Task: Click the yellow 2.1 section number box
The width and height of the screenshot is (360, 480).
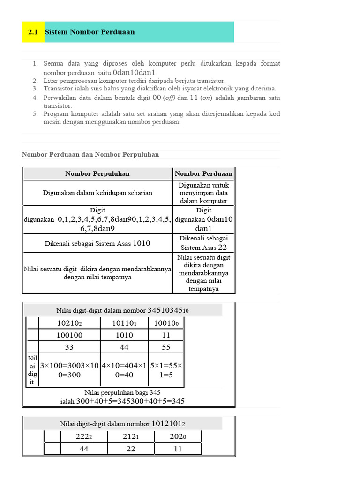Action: (x=33, y=32)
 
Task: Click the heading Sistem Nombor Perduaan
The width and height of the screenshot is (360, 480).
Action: (x=90, y=32)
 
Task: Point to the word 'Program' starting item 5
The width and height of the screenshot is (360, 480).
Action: (x=56, y=114)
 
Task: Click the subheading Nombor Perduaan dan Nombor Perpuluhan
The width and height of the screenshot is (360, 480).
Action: (x=90, y=154)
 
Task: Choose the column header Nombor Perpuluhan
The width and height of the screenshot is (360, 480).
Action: (x=97, y=173)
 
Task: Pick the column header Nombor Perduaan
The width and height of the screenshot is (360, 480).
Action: (x=203, y=173)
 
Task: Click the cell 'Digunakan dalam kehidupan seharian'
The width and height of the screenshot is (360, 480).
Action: (x=97, y=193)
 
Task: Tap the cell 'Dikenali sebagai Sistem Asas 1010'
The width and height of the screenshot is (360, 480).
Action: (x=97, y=243)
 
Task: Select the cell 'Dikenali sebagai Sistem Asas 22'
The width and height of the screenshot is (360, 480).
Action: (x=203, y=243)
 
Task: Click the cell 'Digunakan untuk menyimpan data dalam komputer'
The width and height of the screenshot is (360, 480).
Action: (x=203, y=193)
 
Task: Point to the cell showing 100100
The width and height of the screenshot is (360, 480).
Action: (x=69, y=335)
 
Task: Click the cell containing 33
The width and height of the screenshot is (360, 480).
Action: (x=69, y=347)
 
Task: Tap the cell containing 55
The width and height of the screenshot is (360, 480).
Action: (x=166, y=347)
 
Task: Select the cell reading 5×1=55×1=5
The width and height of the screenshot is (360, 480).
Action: (x=166, y=370)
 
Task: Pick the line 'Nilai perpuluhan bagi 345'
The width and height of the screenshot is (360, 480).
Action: (x=123, y=392)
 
